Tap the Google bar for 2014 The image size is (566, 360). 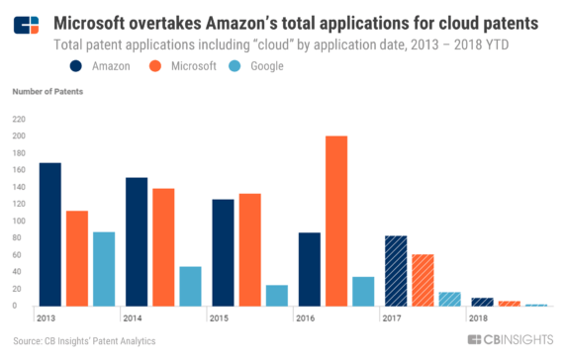point(190,286)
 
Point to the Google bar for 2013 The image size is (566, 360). point(104,269)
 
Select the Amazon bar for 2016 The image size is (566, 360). point(309,269)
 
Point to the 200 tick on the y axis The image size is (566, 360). point(19,135)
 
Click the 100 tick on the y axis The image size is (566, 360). point(19,221)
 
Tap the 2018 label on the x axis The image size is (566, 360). point(478,318)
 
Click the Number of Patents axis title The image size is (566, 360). point(47,92)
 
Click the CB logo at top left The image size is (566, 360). point(26,23)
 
